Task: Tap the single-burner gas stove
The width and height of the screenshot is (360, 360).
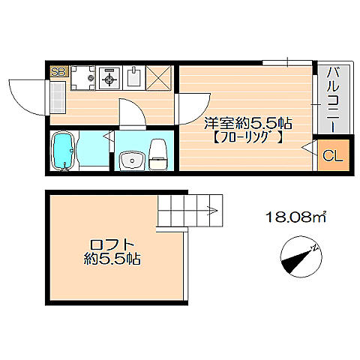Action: [109, 76]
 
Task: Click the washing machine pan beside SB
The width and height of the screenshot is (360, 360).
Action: [82, 76]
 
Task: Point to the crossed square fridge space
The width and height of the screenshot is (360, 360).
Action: [160, 76]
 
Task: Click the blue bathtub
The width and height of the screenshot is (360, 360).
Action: [62, 151]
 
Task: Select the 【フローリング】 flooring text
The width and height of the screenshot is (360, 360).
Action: [247, 138]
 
